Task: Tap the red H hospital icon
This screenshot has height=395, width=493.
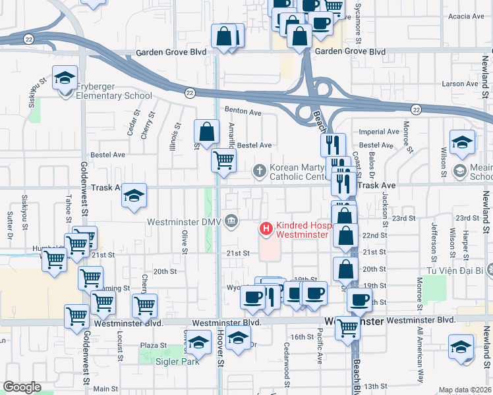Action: [266, 229]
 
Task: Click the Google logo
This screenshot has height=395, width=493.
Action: [22, 387]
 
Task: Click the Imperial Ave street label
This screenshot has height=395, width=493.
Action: [380, 132]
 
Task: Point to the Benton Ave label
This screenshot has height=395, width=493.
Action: [243, 111]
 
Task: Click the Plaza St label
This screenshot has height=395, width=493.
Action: [153, 345]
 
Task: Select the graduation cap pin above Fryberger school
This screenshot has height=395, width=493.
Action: [65, 78]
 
